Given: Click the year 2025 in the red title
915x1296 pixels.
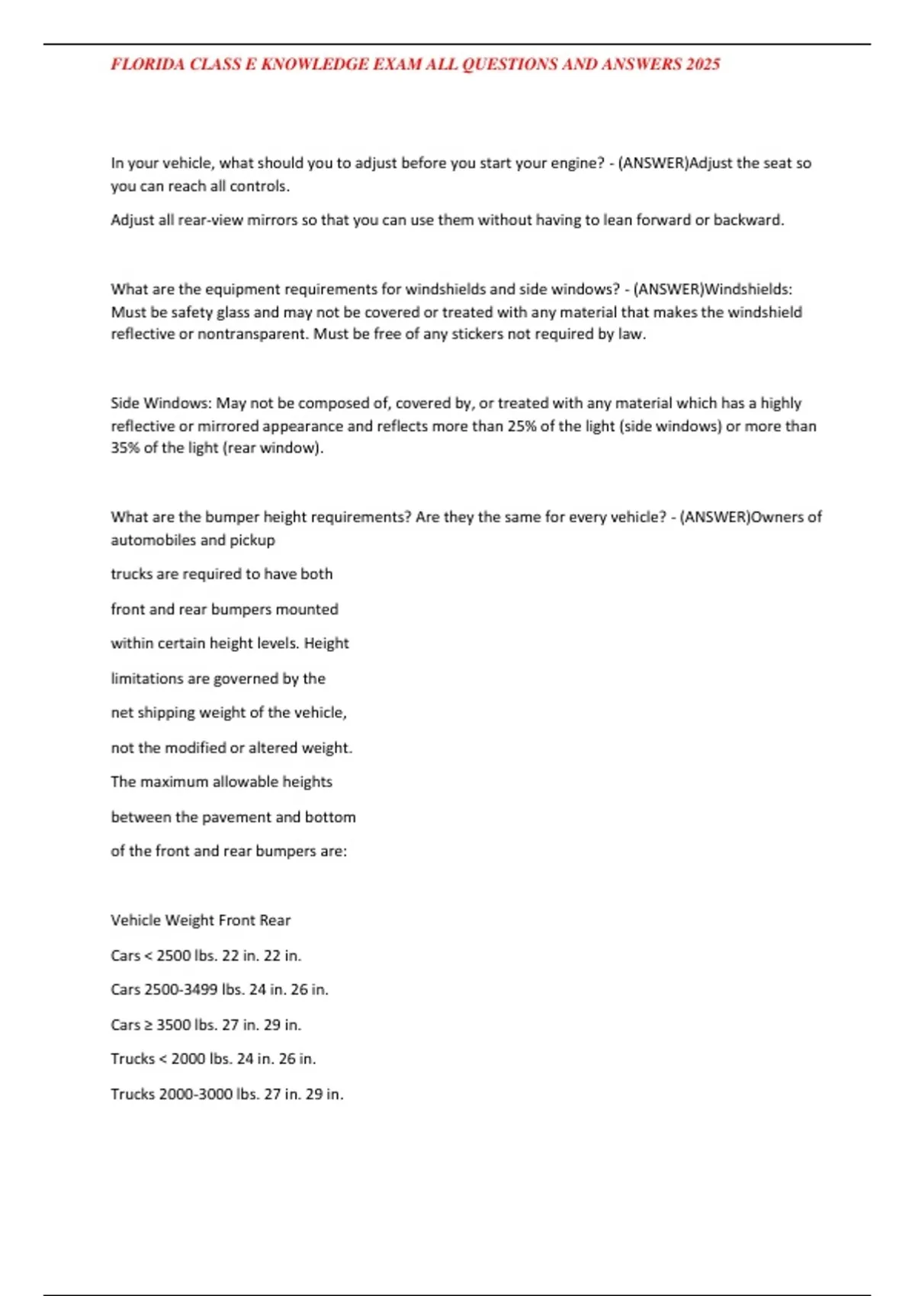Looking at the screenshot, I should pyautogui.click(x=702, y=65).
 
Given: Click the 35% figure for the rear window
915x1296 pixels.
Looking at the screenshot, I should pyautogui.click(x=125, y=448).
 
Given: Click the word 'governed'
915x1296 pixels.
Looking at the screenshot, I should pyautogui.click(x=246, y=678).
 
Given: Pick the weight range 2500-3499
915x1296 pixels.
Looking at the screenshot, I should pyautogui.click(x=181, y=990).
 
